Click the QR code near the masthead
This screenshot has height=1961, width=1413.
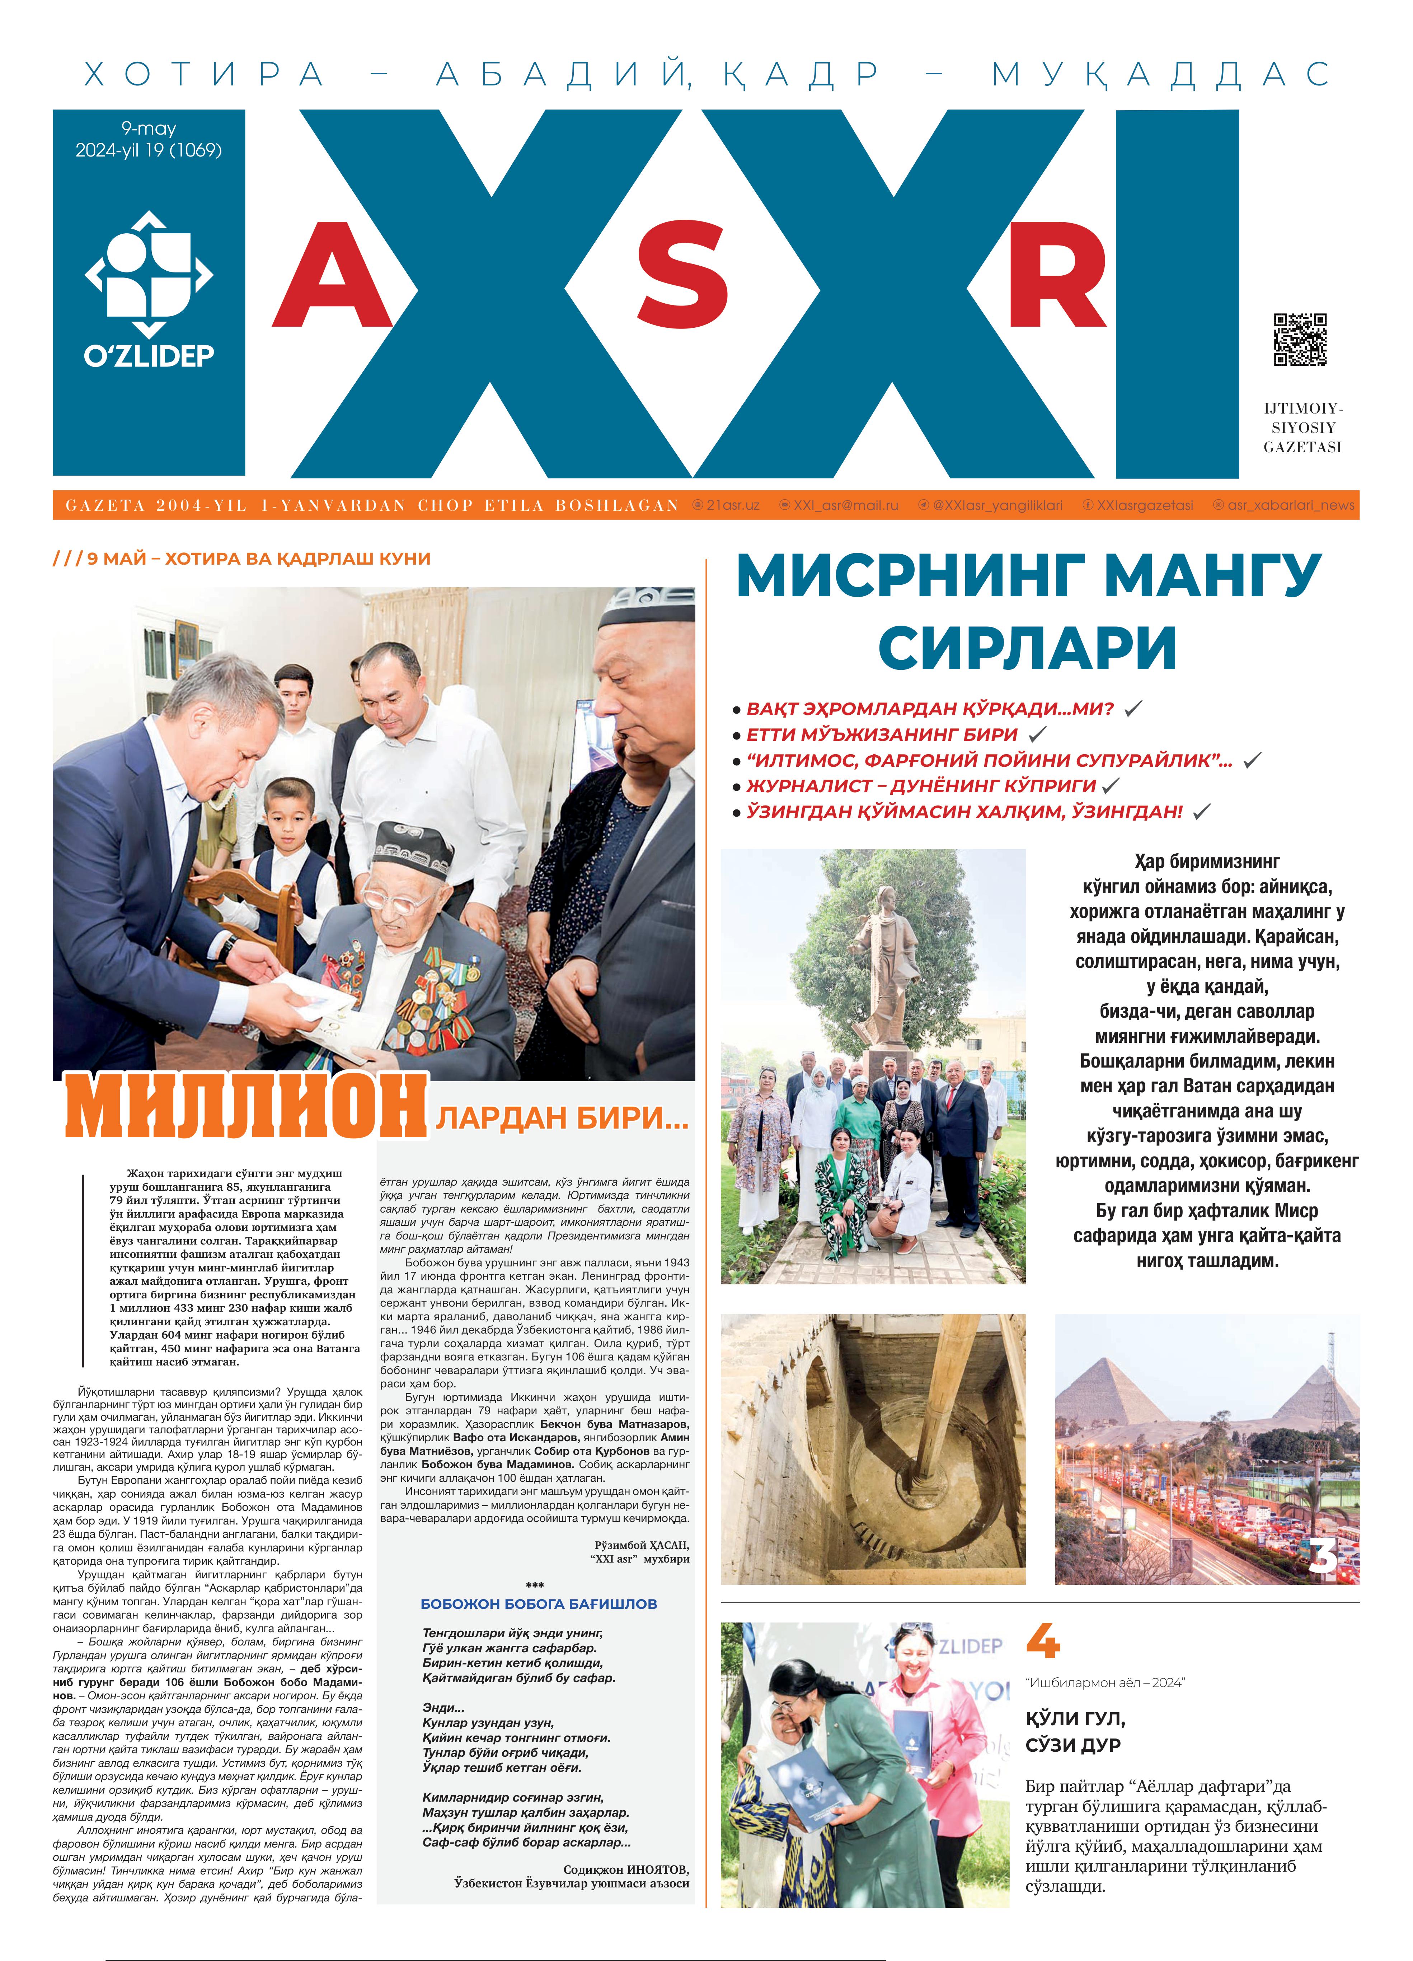1300,340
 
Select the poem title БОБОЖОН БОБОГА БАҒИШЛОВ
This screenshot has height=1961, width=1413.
539,1604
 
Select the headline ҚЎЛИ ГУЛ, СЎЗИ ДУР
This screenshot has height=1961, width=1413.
1073,1731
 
